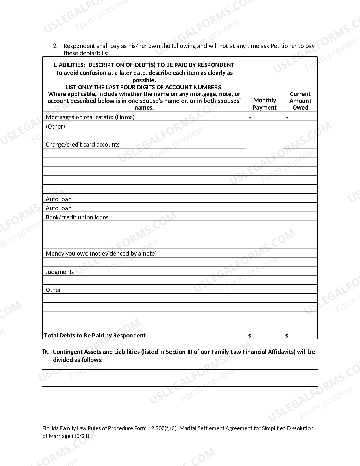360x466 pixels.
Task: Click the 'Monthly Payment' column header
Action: pyautogui.click(x=265, y=104)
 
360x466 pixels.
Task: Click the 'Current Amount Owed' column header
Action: pyautogui.click(x=300, y=101)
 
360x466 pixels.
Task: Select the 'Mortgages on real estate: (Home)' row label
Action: pyautogui.click(x=90, y=117)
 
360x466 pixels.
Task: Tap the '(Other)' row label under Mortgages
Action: pyautogui.click(x=55, y=126)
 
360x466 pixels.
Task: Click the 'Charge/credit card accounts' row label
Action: pyautogui.click(x=83, y=144)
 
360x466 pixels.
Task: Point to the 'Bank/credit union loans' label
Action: pyautogui.click(x=77, y=217)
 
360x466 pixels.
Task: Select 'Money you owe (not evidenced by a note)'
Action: pyautogui.click(x=101, y=253)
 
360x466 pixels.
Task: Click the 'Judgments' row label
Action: pyautogui.click(x=60, y=272)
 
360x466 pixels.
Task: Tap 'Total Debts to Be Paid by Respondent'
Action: pyautogui.click(x=95, y=335)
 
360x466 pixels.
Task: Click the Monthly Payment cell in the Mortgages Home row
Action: pyautogui.click(x=265, y=117)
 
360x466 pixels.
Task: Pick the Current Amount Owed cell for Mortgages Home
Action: pyautogui.click(x=300, y=117)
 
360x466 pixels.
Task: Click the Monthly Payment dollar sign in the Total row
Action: pyautogui.click(x=250, y=336)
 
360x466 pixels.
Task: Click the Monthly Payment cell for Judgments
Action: pyautogui.click(x=265, y=271)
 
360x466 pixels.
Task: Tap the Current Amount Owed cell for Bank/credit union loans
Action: pyautogui.click(x=300, y=217)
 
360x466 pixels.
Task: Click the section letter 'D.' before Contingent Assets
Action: pyautogui.click(x=45, y=352)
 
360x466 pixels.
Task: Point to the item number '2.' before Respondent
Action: pyautogui.click(x=55, y=46)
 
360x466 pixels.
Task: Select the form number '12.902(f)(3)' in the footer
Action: pyautogui.click(x=163, y=428)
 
